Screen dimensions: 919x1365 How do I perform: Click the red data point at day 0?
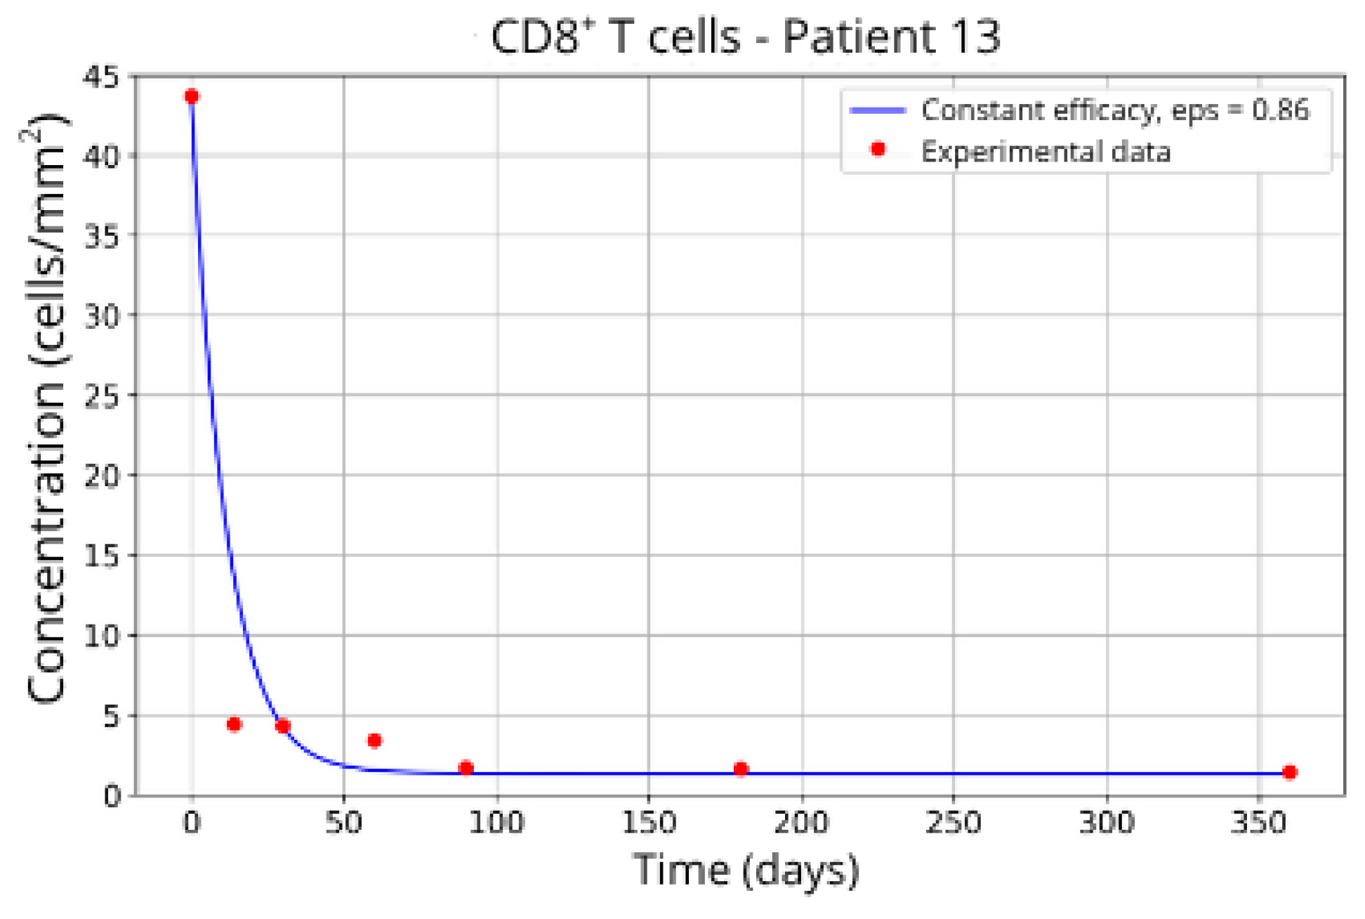pyautogui.click(x=192, y=96)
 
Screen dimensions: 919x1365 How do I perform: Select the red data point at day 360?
pyautogui.click(x=1289, y=772)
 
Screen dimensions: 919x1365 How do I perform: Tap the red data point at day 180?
pyautogui.click(x=741, y=769)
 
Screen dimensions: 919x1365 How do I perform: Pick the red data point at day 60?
pyautogui.click(x=374, y=741)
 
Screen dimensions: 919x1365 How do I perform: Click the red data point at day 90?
pyautogui.click(x=466, y=767)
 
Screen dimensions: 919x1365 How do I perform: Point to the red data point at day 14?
pyautogui.click(x=235, y=724)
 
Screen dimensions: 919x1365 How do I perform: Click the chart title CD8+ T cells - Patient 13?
pyautogui.click(x=745, y=37)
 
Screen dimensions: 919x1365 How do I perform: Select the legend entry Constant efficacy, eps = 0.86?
pyautogui.click(x=1114, y=110)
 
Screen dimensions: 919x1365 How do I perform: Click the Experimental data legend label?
pyautogui.click(x=1046, y=152)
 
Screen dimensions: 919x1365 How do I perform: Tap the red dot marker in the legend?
pyautogui.click(x=878, y=149)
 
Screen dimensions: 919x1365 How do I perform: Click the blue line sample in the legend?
pyautogui.click(x=878, y=110)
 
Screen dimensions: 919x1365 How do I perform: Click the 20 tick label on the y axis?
pyautogui.click(x=101, y=476)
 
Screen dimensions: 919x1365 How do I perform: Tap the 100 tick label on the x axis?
pyautogui.click(x=496, y=822)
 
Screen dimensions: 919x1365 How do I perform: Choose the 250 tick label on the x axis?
pyautogui.click(x=953, y=822)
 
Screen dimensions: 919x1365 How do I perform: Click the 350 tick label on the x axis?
pyautogui.click(x=1259, y=822)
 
